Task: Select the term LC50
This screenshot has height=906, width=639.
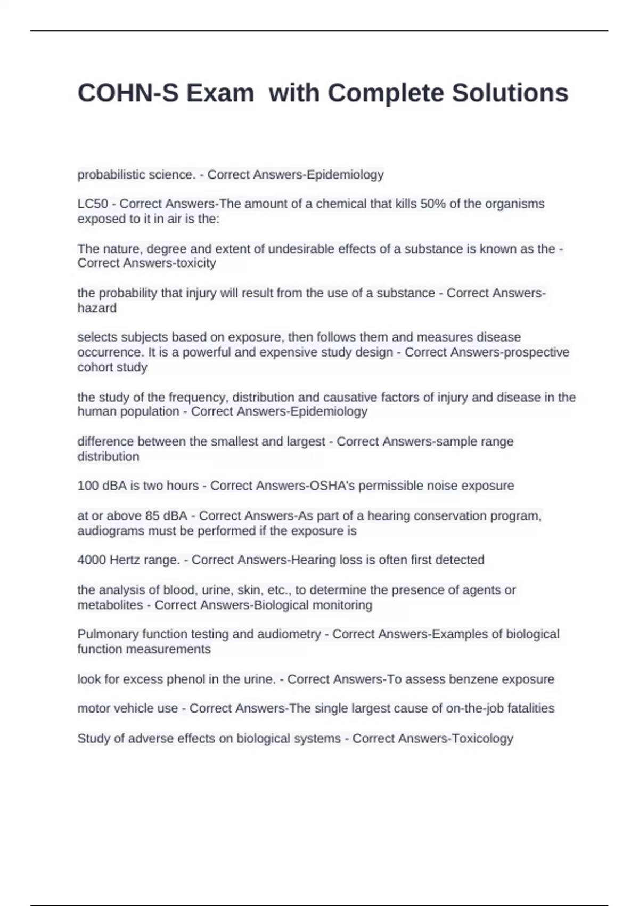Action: [93, 204]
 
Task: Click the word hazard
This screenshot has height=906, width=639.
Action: [97, 308]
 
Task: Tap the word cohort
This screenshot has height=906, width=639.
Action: [93, 367]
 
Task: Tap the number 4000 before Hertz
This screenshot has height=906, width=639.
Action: [92, 560]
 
